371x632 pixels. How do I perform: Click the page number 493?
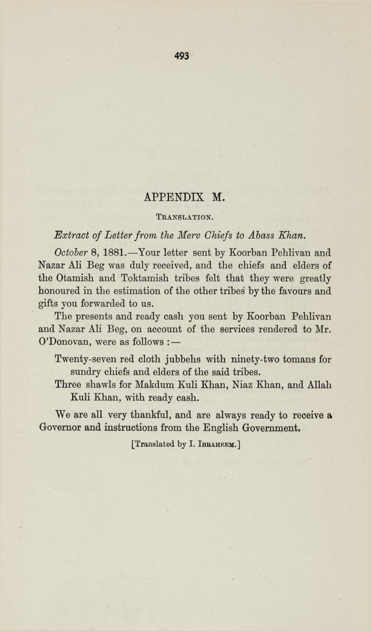[182, 56]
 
